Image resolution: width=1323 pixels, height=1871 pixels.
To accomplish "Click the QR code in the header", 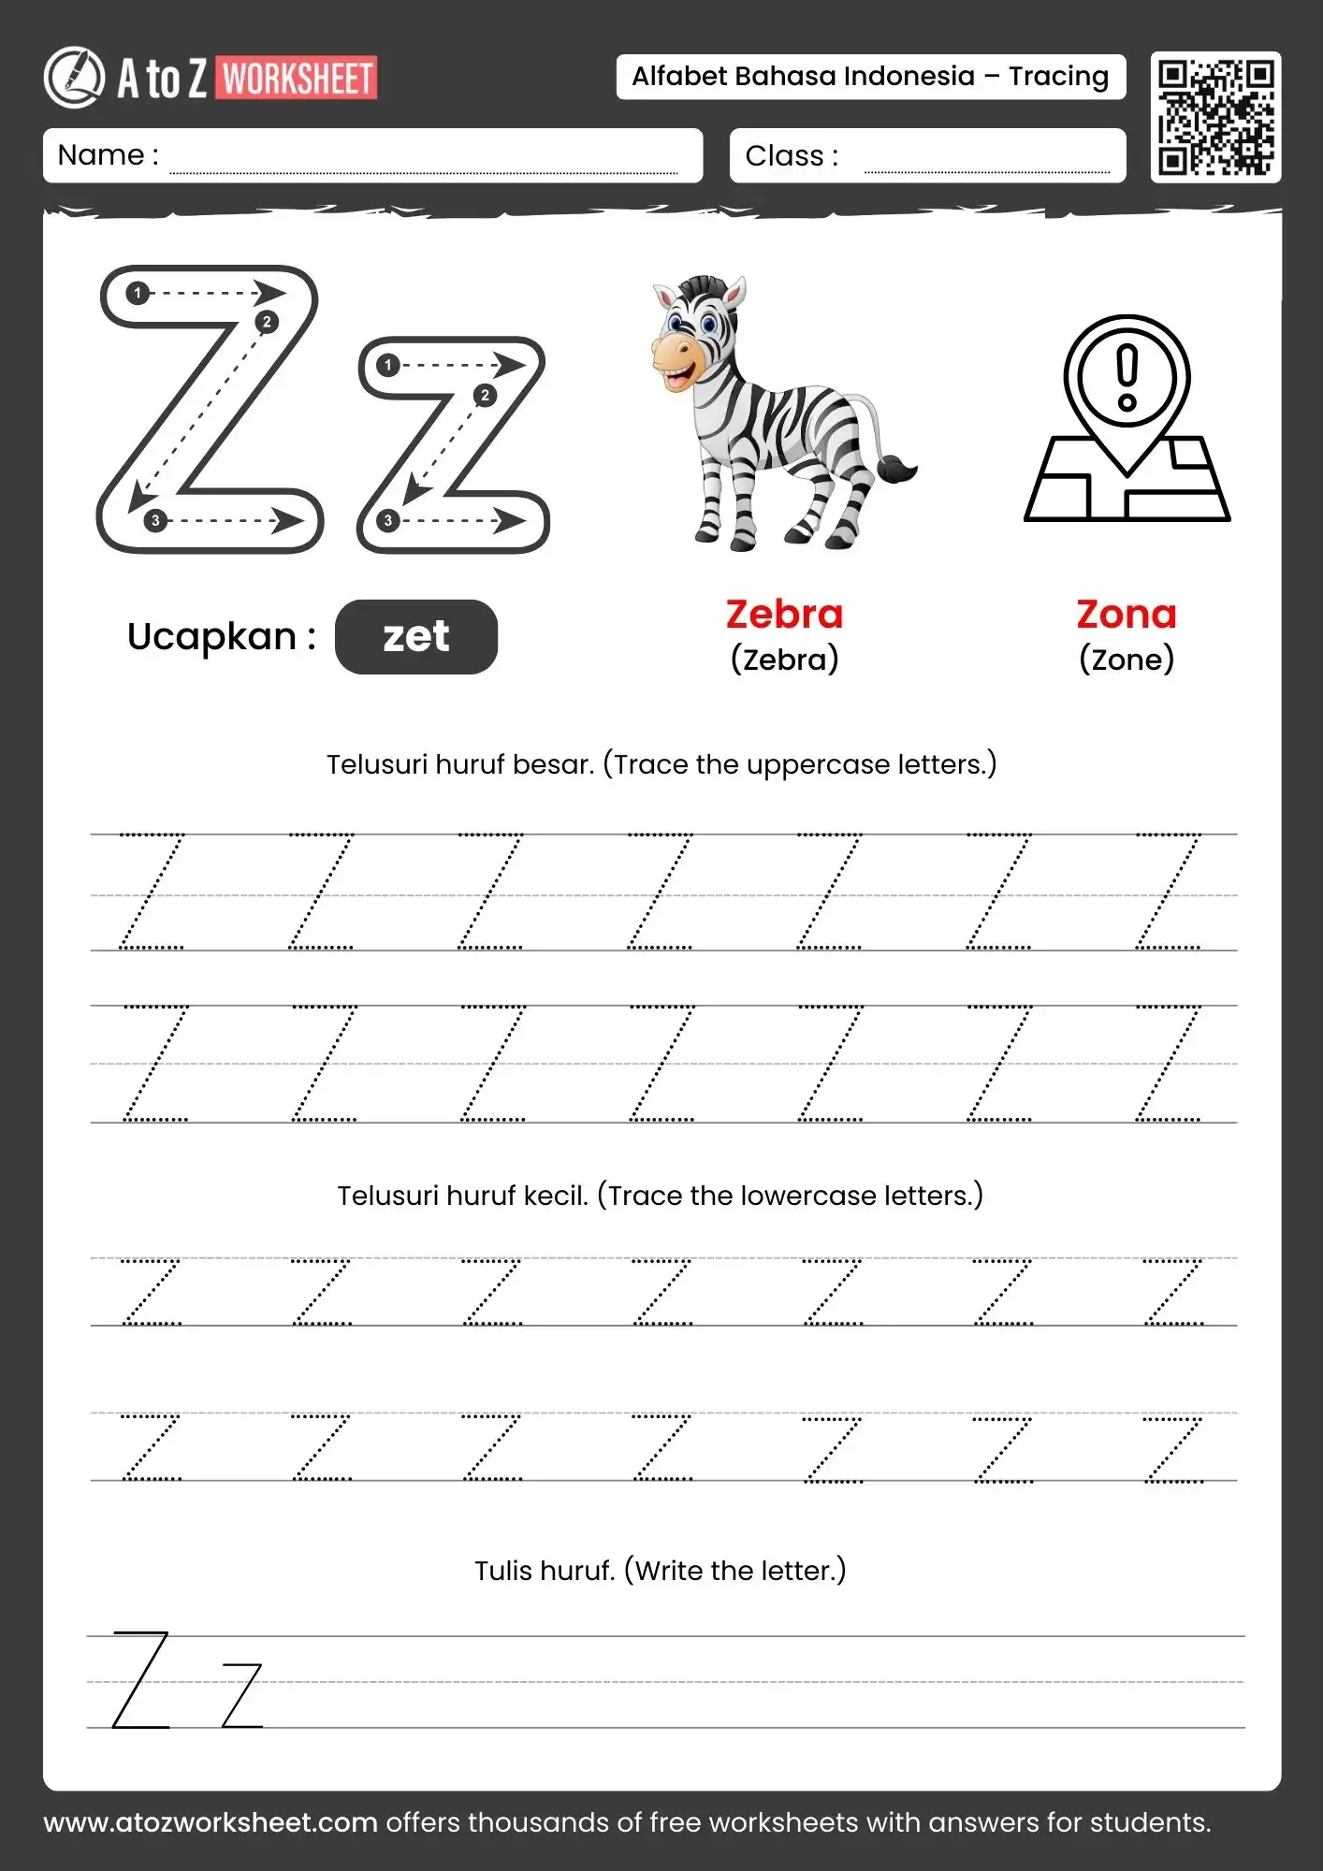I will tap(1215, 117).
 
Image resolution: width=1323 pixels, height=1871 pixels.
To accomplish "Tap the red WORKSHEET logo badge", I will tap(298, 79).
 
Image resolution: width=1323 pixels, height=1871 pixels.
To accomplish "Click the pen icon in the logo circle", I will tap(75, 77).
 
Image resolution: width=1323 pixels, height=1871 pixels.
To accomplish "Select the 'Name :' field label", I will tap(108, 155).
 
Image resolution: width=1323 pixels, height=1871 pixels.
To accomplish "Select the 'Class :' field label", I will tap(792, 156).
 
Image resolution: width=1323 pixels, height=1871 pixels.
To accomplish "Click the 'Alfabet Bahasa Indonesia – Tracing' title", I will tap(870, 77).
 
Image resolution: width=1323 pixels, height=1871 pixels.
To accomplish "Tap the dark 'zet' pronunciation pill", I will tap(416, 637).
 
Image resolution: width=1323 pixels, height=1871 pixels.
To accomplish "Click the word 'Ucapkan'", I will tap(211, 637).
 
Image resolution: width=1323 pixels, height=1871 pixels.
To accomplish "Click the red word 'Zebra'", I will tap(784, 615).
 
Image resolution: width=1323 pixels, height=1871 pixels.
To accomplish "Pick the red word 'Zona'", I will tap(1127, 615).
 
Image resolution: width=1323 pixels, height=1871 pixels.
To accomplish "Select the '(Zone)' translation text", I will tap(1127, 660).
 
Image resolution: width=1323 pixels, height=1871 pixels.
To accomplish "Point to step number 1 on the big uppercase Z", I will tap(138, 294).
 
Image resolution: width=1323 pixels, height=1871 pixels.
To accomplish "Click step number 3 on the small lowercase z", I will tap(388, 521).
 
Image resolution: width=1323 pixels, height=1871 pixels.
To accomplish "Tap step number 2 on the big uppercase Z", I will tap(267, 322).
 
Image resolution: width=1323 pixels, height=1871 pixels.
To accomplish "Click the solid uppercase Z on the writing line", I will tap(141, 1679).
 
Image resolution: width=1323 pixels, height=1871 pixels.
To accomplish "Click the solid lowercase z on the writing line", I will tap(242, 1695).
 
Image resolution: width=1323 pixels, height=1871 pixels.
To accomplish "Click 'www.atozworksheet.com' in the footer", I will tap(211, 1822).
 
